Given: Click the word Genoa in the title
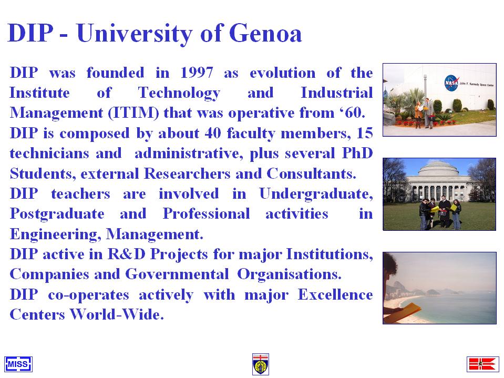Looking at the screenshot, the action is tap(265, 33).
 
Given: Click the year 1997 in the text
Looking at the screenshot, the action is tap(197, 73).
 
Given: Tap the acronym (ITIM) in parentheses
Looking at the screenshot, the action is tap(133, 113).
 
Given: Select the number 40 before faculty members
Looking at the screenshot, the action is tap(213, 133).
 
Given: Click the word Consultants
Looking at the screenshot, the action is tap(311, 173).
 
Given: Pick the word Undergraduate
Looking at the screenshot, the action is tap(316, 194).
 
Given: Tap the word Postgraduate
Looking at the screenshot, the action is tap(57, 214).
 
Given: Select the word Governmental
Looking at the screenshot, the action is tap(177, 274).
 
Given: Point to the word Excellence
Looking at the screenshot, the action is tap(335, 294).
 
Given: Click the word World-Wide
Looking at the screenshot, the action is tap(117, 314).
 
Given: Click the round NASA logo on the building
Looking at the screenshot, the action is tap(451, 83).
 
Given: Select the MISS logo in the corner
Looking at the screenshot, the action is tap(18, 364).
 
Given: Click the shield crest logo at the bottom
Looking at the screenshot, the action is tap(261, 364).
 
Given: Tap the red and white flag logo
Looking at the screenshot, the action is tap(483, 364).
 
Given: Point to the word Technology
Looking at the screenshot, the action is tap(179, 93).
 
